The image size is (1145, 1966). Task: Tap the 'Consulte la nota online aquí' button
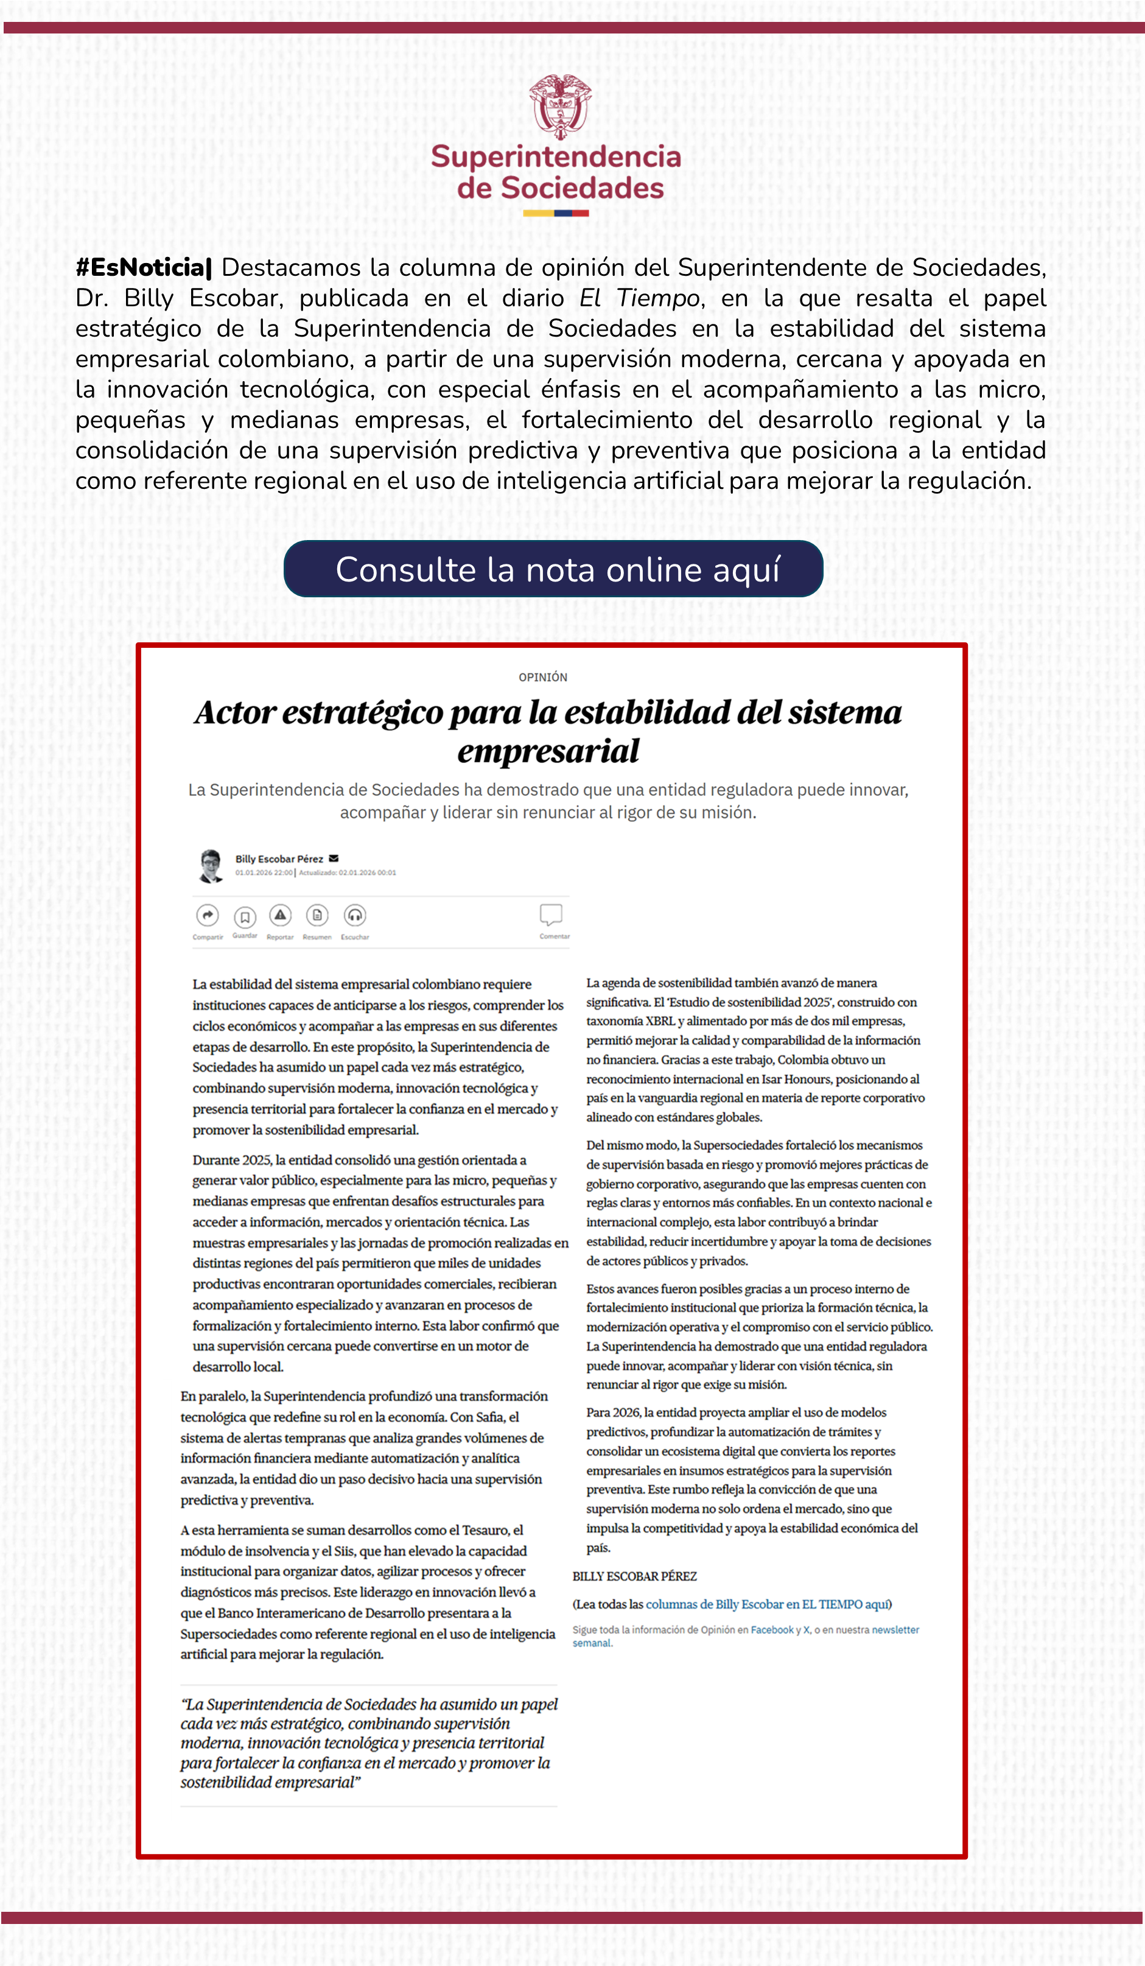click(x=553, y=569)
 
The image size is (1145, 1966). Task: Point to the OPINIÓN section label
click(x=543, y=677)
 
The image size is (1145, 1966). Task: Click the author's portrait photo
click(x=211, y=866)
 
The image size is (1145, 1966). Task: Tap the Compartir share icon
click(x=208, y=915)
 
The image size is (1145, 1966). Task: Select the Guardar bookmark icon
click(x=245, y=916)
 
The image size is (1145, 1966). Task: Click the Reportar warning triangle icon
click(x=280, y=915)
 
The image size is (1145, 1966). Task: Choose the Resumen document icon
click(x=317, y=915)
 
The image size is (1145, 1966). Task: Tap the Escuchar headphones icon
click(x=355, y=915)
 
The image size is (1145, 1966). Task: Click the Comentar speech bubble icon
click(x=551, y=915)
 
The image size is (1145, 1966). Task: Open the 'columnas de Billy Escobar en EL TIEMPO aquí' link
click(x=768, y=1604)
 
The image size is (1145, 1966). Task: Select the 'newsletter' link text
click(x=895, y=1630)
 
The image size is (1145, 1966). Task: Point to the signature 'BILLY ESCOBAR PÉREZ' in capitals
click(x=634, y=1576)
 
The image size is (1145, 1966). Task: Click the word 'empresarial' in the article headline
click(x=548, y=751)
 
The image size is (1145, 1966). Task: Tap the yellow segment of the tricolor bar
click(x=538, y=213)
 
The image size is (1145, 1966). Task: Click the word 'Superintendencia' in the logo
click(x=556, y=157)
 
